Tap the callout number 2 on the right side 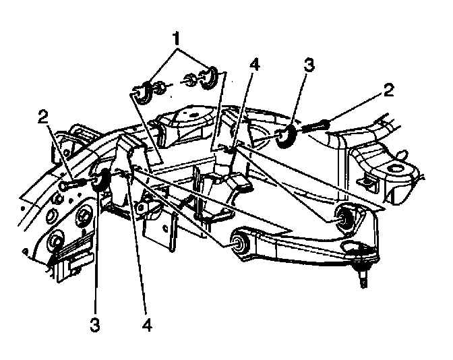tap(388, 90)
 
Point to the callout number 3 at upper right tap(309, 65)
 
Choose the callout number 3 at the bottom tap(95, 325)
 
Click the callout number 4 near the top tap(254, 64)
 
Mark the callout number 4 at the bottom tap(147, 325)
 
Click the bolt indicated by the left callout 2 tap(72, 184)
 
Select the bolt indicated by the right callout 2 tap(315, 125)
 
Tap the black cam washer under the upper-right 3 tap(286, 136)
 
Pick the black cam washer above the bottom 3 tap(100, 180)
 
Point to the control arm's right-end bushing tap(345, 216)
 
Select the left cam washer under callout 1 tap(144, 92)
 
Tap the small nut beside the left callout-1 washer tap(160, 88)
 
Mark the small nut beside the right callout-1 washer tap(190, 80)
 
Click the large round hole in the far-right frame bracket tap(394, 168)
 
